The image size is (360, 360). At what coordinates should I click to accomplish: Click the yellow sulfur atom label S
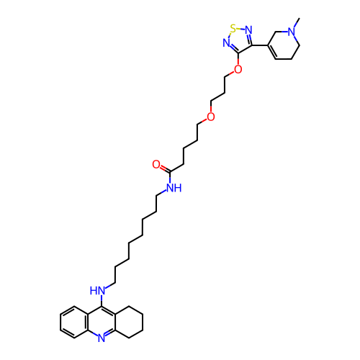(x=233, y=29)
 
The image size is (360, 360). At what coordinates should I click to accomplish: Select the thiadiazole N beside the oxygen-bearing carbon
(x=226, y=43)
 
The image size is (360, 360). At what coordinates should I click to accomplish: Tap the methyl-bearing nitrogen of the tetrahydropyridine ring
(x=292, y=32)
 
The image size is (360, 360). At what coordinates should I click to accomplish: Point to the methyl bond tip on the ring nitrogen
(x=300, y=18)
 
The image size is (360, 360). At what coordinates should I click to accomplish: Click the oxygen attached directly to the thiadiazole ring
(x=238, y=69)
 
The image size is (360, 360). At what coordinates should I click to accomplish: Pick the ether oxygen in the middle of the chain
(x=211, y=117)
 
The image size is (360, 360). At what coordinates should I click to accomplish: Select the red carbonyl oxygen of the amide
(x=156, y=164)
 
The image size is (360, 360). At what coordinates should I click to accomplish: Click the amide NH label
(x=174, y=187)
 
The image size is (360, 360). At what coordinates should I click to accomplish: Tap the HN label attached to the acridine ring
(x=97, y=291)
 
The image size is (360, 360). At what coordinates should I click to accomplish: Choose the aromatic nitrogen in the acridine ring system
(x=102, y=338)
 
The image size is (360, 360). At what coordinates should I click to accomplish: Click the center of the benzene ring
(x=74, y=323)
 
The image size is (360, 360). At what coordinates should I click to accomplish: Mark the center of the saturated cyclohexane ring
(x=129, y=322)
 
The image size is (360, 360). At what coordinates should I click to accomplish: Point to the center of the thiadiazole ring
(x=238, y=40)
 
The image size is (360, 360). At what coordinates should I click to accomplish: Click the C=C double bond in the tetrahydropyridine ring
(x=272, y=52)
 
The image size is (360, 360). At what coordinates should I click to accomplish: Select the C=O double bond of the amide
(x=165, y=168)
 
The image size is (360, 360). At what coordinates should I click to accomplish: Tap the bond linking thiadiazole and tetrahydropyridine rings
(x=260, y=45)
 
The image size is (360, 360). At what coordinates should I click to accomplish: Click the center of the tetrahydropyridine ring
(x=284, y=45)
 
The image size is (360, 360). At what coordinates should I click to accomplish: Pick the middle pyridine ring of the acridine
(x=102, y=323)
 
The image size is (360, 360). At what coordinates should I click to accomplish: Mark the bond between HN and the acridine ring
(x=102, y=301)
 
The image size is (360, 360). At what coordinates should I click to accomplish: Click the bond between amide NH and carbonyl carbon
(x=170, y=177)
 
